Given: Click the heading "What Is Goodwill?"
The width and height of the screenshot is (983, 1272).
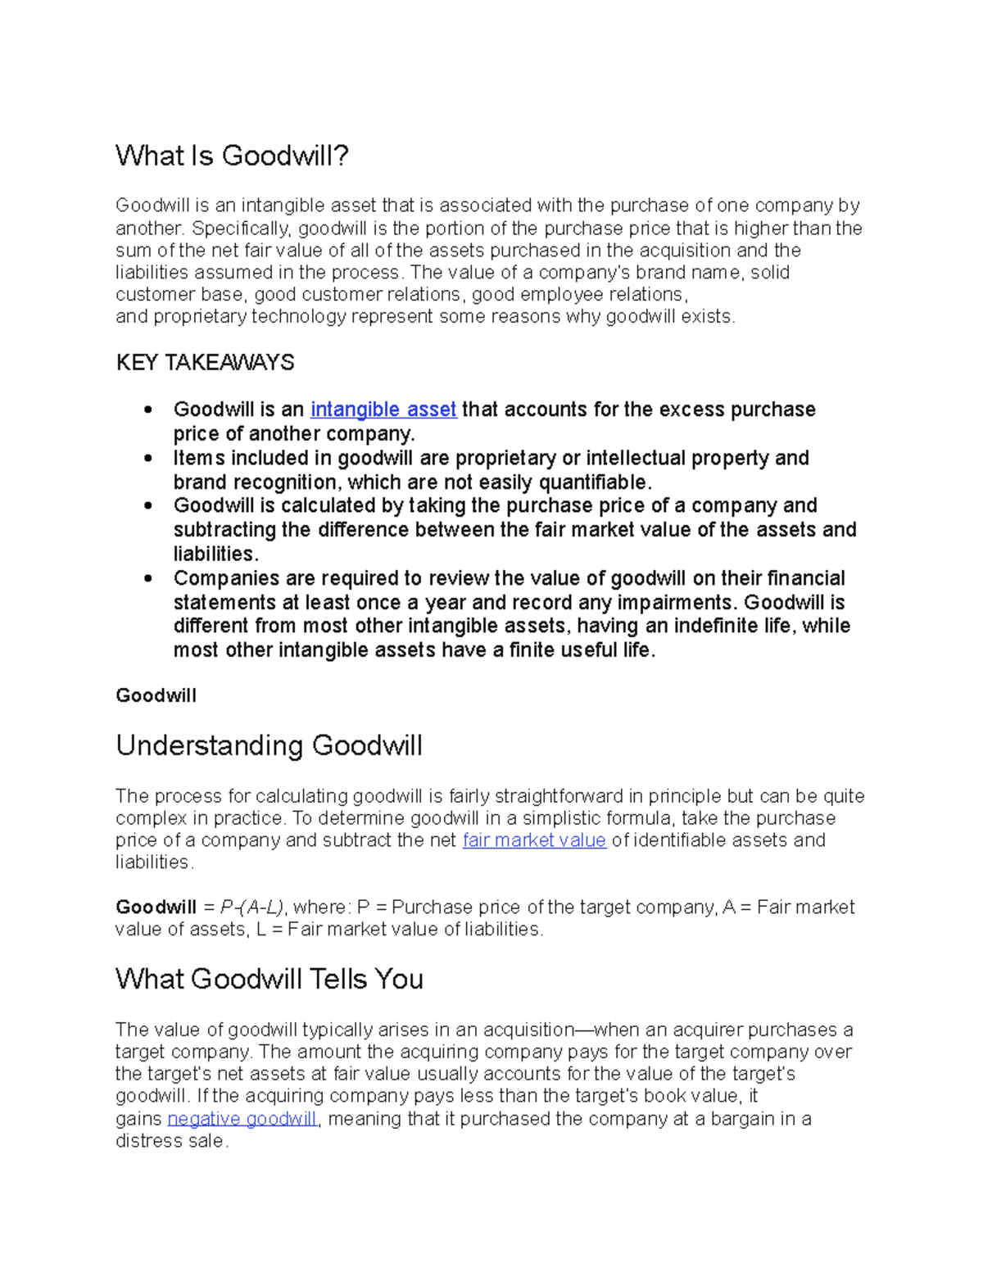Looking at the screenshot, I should pos(232,156).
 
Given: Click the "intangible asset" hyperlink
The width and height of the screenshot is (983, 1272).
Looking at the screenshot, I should pos(383,410).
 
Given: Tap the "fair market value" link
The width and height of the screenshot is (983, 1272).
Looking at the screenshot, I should pos(534,840).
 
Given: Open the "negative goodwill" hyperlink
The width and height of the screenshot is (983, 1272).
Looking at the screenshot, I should pos(242,1119).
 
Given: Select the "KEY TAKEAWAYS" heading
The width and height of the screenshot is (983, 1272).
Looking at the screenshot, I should pos(205,363).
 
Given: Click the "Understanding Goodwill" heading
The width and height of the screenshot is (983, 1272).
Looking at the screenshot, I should pos(269,745).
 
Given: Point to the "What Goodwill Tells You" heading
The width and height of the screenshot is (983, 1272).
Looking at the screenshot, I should pos(269,979).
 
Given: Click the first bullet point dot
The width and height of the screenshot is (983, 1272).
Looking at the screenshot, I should pos(148,410).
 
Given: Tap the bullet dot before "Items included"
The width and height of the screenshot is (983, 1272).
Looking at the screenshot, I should pos(148,458).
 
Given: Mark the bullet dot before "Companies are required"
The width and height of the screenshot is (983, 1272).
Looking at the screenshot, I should pos(148,578).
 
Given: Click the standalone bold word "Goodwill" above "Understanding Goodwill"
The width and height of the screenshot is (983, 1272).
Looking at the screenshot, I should pos(156,696).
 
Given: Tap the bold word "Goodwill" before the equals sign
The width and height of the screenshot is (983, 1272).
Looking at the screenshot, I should pos(156,908).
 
